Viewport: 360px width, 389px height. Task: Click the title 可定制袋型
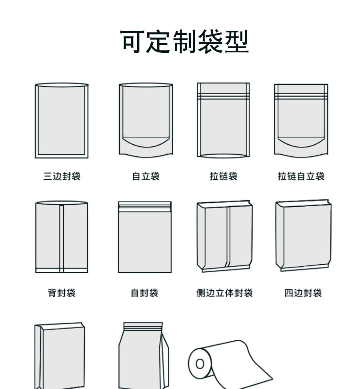click(185, 42)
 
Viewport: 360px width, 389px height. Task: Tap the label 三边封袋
click(62, 176)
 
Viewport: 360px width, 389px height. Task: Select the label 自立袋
click(146, 176)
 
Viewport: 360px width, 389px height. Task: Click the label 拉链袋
click(223, 176)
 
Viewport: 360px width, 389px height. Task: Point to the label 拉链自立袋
click(301, 176)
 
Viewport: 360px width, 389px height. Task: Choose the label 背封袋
click(62, 293)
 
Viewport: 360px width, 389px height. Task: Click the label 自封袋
click(144, 293)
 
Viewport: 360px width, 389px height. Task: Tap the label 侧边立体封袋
click(224, 293)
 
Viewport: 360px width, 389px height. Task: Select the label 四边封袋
click(303, 293)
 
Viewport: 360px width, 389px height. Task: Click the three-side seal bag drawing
click(62, 120)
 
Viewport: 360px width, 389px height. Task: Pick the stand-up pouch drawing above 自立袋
click(146, 116)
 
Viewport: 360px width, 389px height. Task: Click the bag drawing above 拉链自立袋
click(301, 120)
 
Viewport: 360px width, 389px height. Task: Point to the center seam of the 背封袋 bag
click(62, 238)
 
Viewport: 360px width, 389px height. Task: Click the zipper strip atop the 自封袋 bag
click(144, 206)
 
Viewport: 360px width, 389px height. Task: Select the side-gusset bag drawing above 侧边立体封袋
click(224, 237)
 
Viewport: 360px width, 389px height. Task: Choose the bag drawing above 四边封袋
click(303, 236)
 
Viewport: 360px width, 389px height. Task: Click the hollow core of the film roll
click(200, 364)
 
